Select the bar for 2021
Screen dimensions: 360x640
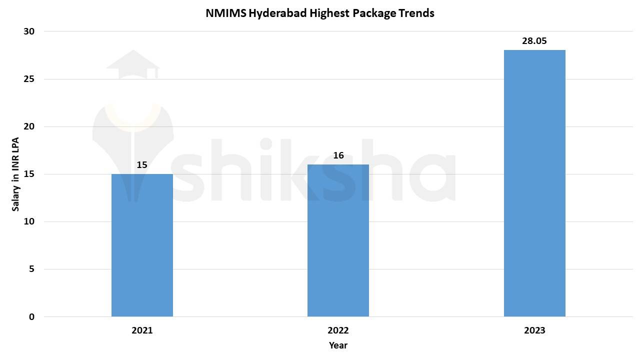click(x=142, y=245)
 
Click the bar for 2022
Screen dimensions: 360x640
click(x=338, y=240)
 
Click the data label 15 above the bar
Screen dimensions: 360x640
click(x=142, y=164)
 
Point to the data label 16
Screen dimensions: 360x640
click(x=338, y=155)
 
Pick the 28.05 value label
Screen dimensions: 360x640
click(x=534, y=41)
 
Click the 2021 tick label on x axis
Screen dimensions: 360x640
click(x=142, y=330)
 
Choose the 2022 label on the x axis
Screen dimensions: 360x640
click(x=338, y=330)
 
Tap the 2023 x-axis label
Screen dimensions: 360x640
click(x=534, y=330)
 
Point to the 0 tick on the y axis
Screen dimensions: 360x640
click(x=31, y=317)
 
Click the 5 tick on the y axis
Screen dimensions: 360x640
click(x=31, y=269)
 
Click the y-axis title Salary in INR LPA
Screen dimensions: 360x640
click(x=15, y=174)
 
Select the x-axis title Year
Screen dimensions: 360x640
click(x=338, y=345)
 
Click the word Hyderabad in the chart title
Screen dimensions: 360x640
click(x=277, y=13)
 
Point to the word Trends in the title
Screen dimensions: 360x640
click(x=416, y=13)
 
